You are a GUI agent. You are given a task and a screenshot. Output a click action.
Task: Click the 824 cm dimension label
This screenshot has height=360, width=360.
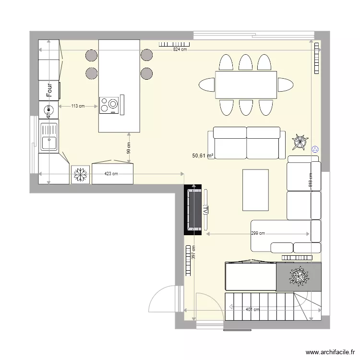180,49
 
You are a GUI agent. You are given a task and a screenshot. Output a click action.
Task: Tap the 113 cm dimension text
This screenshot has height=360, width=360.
78,106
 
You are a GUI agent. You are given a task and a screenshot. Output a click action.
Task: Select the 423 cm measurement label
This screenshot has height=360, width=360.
111,174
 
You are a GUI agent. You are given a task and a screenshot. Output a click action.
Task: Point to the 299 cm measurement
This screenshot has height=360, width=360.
258,234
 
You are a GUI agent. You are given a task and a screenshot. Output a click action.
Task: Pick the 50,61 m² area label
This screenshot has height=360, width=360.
203,156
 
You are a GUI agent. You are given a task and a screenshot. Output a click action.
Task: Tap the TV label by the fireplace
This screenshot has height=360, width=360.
205,210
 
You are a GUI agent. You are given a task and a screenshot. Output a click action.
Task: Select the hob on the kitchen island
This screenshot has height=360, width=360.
109,105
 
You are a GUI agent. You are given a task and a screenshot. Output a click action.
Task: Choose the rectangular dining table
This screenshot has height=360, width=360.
246,84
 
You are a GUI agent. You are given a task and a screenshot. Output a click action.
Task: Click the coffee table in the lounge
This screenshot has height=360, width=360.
255,190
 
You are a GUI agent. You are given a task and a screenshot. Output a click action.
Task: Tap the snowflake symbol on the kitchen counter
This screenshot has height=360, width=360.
80,174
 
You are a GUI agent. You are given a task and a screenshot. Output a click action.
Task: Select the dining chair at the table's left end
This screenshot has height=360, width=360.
207,85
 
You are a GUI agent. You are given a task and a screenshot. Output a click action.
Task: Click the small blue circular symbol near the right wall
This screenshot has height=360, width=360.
315,149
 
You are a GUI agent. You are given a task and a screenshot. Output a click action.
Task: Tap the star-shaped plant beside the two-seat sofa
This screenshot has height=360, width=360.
300,142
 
